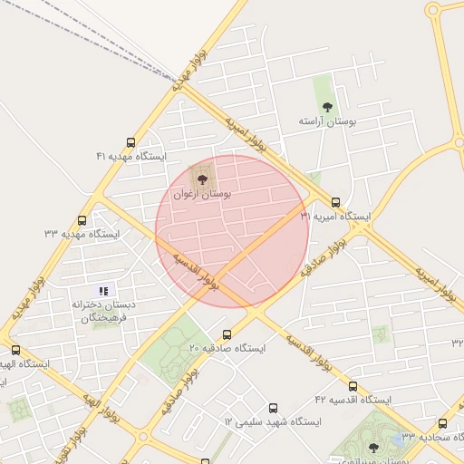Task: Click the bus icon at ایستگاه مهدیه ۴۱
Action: (x=131, y=142)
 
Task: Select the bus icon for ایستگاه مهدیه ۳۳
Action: (x=82, y=220)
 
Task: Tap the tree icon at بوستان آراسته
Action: (x=327, y=107)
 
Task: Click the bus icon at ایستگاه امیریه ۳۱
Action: (x=336, y=203)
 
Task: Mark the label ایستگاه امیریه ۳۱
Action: (x=336, y=217)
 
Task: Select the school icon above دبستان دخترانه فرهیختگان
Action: (x=104, y=291)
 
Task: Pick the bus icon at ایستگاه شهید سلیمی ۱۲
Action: (x=274, y=409)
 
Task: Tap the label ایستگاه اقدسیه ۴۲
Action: (x=352, y=399)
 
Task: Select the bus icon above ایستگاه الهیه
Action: (x=14, y=350)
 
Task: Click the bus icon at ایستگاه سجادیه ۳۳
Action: (x=442, y=423)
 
